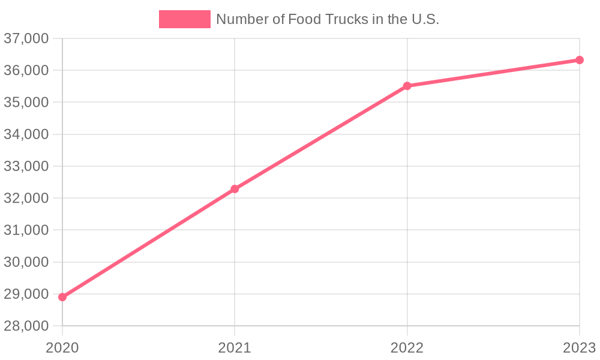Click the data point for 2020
click(62, 297)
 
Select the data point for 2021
click(235, 189)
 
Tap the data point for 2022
click(407, 86)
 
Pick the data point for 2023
click(580, 60)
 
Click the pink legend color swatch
click(184, 19)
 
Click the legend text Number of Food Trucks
click(328, 19)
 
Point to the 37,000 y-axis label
click(26, 38)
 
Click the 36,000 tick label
click(26, 70)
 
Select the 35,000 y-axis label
click(26, 102)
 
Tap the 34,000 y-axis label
click(26, 134)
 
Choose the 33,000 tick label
click(26, 166)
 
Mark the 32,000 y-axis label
click(26, 198)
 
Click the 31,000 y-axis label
click(26, 230)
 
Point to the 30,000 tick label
click(26, 262)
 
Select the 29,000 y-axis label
click(26, 294)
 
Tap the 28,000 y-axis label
click(26, 326)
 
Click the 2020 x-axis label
click(62, 347)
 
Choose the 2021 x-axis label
click(235, 347)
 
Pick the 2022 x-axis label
click(407, 347)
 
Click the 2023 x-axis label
click(579, 347)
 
